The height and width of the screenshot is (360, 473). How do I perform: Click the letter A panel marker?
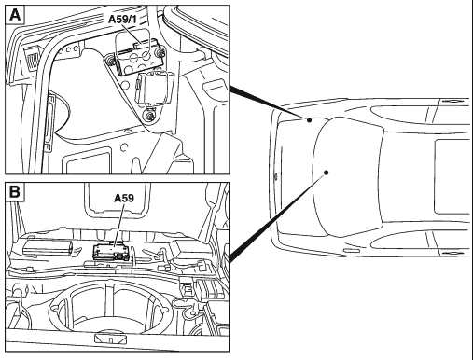pyautogui.click(x=15, y=15)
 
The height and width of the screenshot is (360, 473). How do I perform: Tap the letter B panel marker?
pyautogui.click(x=15, y=191)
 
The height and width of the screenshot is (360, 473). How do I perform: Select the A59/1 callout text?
pyautogui.click(x=122, y=20)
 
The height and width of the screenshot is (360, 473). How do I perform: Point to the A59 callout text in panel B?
pyautogui.click(x=124, y=198)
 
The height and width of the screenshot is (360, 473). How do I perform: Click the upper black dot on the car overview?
pyautogui.click(x=309, y=120)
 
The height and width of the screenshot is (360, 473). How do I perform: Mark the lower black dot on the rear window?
pyautogui.click(x=326, y=173)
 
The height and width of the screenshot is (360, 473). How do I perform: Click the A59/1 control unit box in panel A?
pyautogui.click(x=139, y=58)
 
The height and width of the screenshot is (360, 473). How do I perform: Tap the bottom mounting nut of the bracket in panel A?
pyautogui.click(x=150, y=115)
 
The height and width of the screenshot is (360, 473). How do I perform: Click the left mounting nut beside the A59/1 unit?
pyautogui.click(x=110, y=59)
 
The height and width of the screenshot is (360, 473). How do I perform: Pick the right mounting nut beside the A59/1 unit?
pyautogui.click(x=160, y=53)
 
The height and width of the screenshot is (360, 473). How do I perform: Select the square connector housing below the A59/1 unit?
pyautogui.click(x=155, y=88)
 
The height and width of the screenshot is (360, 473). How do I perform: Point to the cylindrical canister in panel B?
pyautogui.click(x=48, y=247)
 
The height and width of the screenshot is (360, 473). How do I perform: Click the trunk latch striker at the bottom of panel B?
pyautogui.click(x=110, y=339)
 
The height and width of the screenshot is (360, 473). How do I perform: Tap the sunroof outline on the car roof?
pyautogui.click(x=452, y=177)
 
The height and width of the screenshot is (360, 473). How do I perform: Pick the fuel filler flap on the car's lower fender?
pyautogui.click(x=352, y=251)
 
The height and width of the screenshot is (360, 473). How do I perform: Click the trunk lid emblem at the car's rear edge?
pyautogui.click(x=275, y=177)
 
